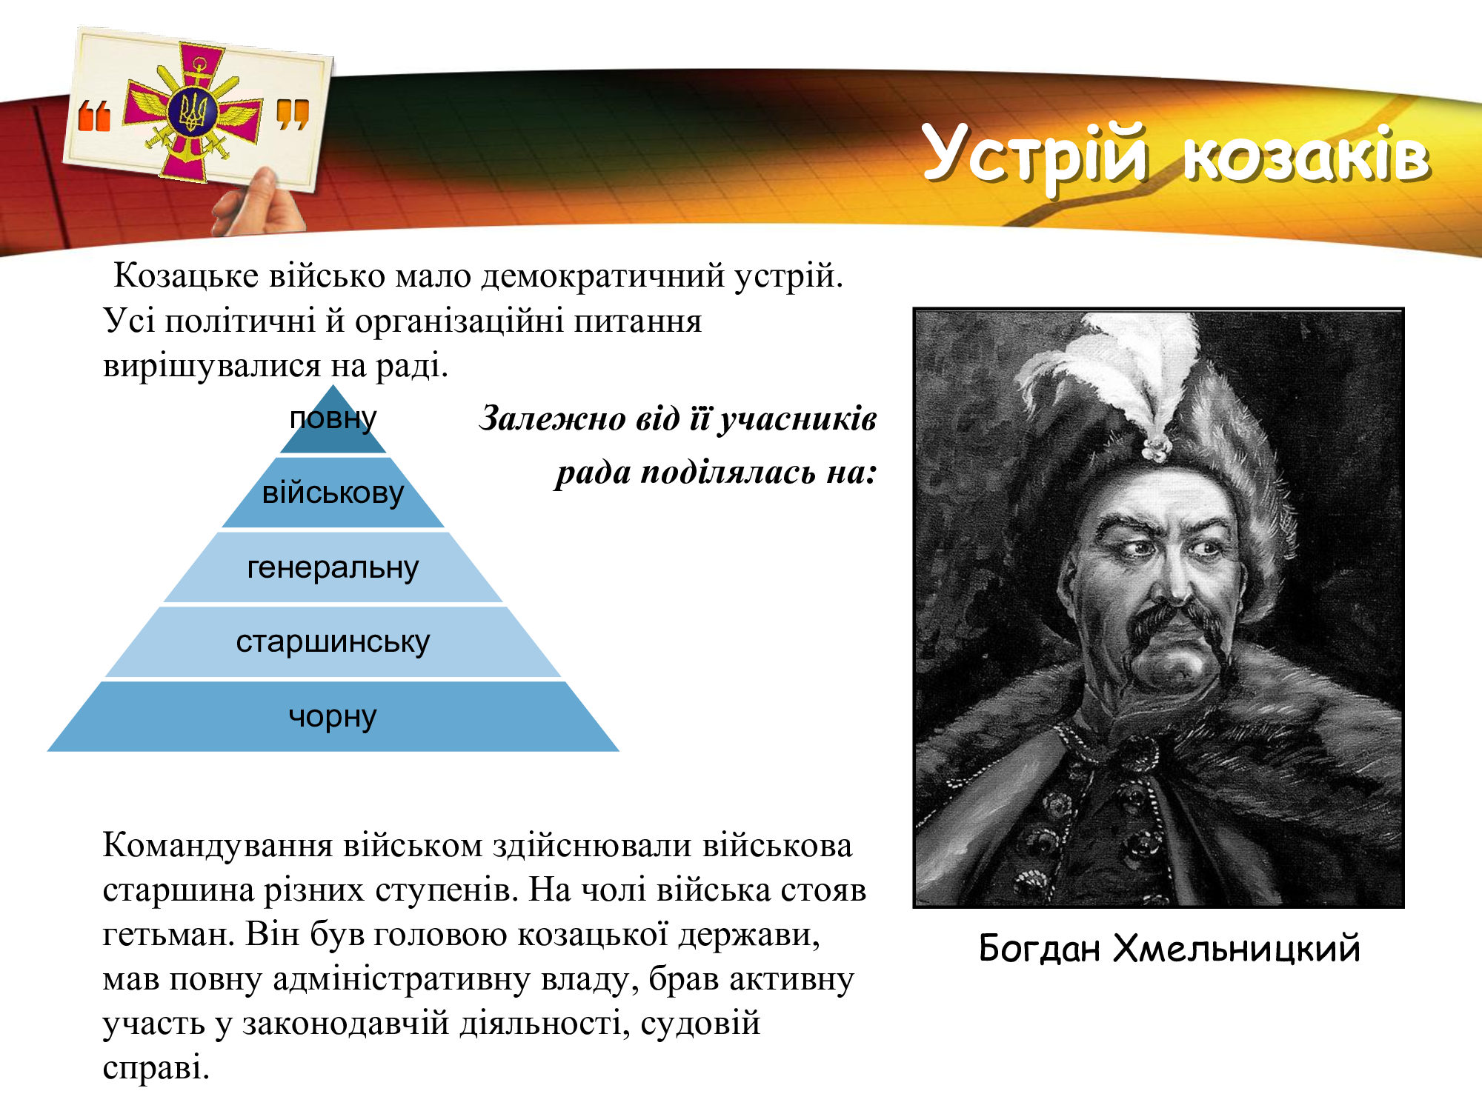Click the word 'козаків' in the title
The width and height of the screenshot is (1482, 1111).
(1306, 156)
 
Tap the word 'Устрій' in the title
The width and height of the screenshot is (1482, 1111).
(1036, 157)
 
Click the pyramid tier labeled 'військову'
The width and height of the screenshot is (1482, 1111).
(333, 493)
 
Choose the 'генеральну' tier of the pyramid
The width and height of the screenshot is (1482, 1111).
(333, 567)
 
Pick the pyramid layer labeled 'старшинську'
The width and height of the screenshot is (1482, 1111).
(333, 642)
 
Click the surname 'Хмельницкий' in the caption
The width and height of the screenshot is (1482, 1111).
(1237, 949)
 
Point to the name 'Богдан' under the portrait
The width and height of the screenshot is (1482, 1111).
(1039, 949)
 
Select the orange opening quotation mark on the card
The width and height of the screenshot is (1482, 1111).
(94, 116)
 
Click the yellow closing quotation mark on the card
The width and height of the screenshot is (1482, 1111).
(293, 114)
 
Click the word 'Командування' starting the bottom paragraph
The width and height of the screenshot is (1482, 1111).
(218, 846)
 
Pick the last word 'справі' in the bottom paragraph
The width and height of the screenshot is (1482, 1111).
(156, 1068)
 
